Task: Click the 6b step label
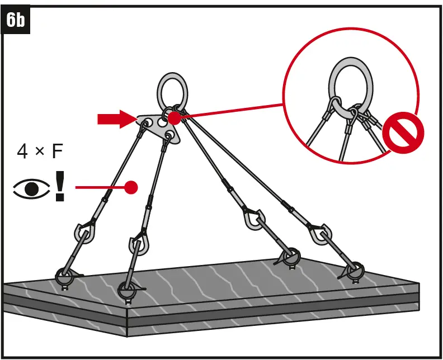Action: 15,20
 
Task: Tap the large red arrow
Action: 117,119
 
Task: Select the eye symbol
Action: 31,188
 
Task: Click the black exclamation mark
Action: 60,186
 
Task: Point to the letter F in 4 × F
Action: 57,151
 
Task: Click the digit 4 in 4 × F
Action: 22,151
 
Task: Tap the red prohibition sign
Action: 403,132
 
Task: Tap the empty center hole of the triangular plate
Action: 162,122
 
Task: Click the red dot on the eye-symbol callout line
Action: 131,187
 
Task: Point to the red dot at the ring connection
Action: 174,118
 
